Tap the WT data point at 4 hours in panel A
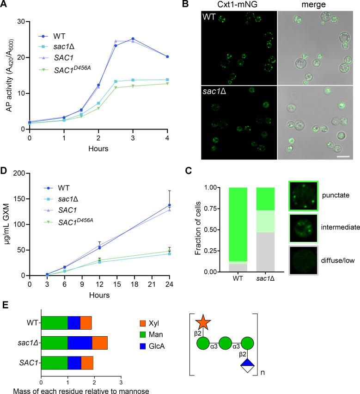pyautogui.click(x=166, y=56)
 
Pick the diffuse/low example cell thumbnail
pyautogui.click(x=303, y=260)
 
